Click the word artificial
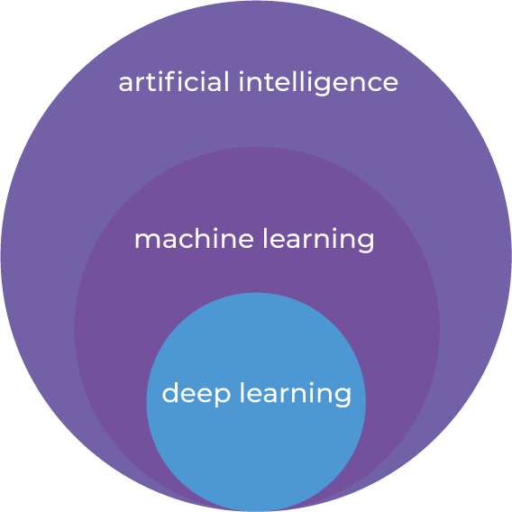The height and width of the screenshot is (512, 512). pyautogui.click(x=174, y=81)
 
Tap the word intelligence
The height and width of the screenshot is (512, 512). pyautogui.click(x=319, y=83)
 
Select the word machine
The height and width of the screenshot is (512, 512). pyautogui.click(x=194, y=238)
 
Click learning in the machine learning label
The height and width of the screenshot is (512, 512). pyautogui.click(x=319, y=241)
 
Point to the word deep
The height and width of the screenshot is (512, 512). pyautogui.click(x=197, y=394)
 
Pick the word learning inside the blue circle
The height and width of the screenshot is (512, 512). pyautogui.click(x=296, y=394)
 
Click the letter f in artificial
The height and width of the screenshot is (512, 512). pyautogui.click(x=169, y=81)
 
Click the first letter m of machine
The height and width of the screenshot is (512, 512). pyautogui.click(x=147, y=241)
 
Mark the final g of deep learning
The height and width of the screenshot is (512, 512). pyautogui.click(x=342, y=397)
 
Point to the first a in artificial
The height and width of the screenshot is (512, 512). pyautogui.click(x=127, y=84)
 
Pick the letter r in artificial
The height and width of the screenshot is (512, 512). pyautogui.click(x=143, y=84)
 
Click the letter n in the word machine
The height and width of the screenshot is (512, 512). pyautogui.click(x=229, y=241)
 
